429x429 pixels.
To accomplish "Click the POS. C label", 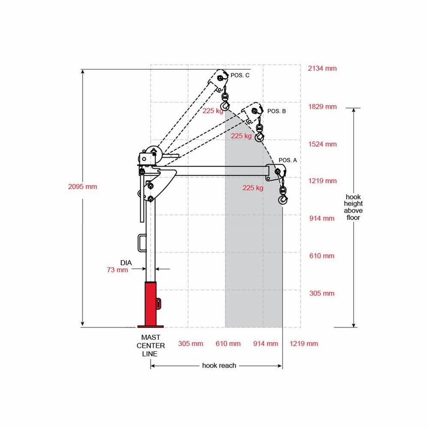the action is (240, 75).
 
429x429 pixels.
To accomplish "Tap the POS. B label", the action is (277, 111).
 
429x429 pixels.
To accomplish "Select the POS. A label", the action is (287, 160).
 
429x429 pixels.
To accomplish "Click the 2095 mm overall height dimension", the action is (83, 187).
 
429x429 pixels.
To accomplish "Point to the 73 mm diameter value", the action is (118, 270).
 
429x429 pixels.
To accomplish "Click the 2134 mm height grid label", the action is (322, 68).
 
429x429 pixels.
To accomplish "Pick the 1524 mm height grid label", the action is (323, 144).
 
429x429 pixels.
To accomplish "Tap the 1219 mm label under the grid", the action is (304, 344).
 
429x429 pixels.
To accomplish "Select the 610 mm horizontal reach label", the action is (228, 344).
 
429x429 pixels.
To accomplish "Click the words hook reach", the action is (219, 366).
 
